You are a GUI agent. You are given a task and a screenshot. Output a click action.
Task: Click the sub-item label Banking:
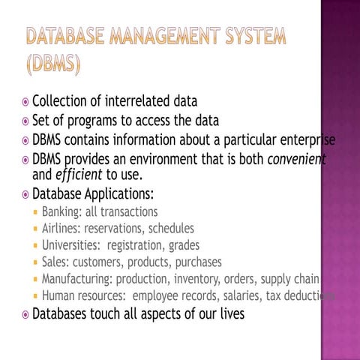[62, 212]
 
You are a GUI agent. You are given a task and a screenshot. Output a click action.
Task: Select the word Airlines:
[61, 229]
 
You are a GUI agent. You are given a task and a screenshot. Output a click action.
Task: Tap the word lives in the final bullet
[228, 314]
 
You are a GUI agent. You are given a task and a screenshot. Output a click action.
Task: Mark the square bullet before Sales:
[34, 263]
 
